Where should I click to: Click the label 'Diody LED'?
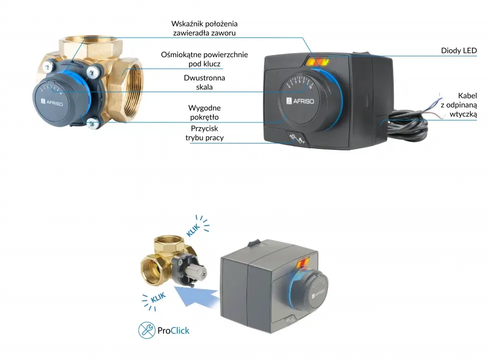(x=458, y=51)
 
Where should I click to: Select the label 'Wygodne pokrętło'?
(x=204, y=112)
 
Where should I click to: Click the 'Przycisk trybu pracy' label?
(x=204, y=133)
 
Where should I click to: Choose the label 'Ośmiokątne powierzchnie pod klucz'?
(x=204, y=59)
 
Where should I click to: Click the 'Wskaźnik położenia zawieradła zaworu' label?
(x=204, y=28)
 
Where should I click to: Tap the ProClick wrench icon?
(x=146, y=330)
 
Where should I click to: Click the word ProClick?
(x=173, y=331)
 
